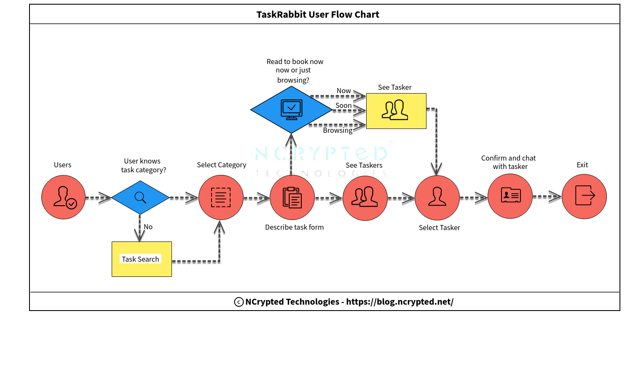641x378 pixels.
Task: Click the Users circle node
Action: (x=63, y=197)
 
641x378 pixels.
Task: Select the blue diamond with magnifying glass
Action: (x=140, y=197)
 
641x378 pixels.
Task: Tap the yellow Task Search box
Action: (x=142, y=259)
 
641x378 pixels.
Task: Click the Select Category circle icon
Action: (x=221, y=197)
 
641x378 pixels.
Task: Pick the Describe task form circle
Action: (x=292, y=197)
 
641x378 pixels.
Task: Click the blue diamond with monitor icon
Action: (x=291, y=110)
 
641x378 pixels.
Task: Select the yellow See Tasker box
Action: (x=396, y=111)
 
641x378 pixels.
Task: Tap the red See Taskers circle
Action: (x=365, y=198)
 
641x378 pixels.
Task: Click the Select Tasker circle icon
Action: (x=437, y=198)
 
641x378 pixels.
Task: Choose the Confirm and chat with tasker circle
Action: (x=510, y=196)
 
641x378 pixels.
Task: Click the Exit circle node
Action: (x=584, y=196)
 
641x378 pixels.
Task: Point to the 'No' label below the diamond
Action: (x=148, y=227)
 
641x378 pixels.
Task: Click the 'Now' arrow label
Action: (x=343, y=91)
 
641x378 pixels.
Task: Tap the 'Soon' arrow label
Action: (x=343, y=105)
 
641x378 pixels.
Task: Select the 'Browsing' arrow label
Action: (x=338, y=130)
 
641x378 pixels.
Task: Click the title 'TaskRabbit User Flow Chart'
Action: (x=318, y=14)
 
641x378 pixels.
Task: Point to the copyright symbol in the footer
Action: (x=239, y=302)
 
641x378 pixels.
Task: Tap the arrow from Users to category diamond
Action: (x=98, y=197)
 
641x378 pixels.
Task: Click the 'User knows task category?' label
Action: (x=143, y=165)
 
